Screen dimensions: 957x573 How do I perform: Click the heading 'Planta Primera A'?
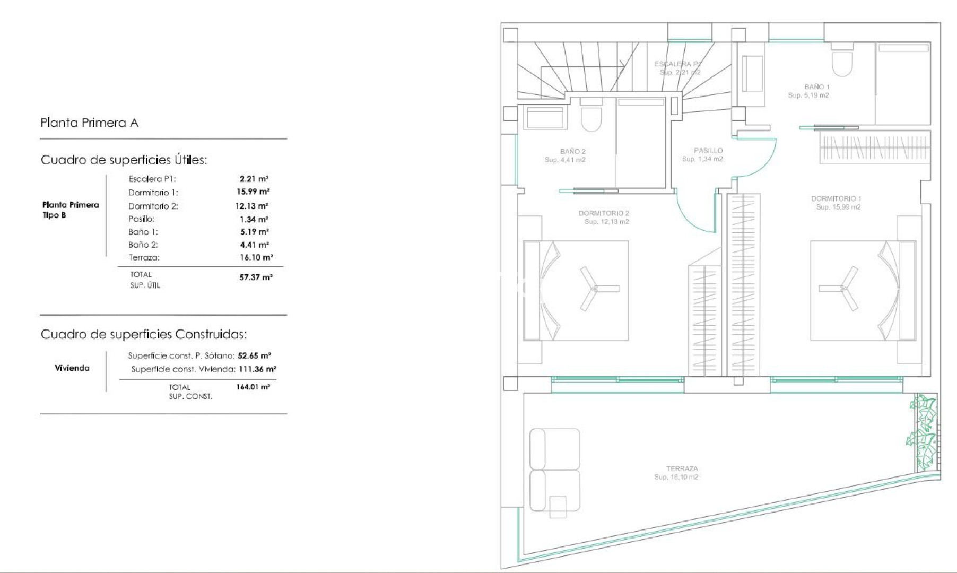click(89, 123)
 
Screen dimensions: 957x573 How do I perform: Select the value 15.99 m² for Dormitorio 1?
click(253, 192)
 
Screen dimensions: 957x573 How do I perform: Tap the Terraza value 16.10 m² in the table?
click(256, 257)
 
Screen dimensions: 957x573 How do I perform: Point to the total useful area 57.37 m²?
click(256, 277)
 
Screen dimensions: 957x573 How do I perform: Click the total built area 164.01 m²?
click(253, 387)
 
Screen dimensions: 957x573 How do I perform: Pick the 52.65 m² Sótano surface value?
click(254, 356)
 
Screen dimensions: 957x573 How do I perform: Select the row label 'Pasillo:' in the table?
click(141, 219)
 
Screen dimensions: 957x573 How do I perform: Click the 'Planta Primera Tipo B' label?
click(71, 210)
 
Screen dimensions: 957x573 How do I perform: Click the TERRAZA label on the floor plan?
click(682, 469)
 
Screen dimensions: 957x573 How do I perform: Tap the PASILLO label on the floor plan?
click(708, 151)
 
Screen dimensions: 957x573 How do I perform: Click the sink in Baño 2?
click(545, 117)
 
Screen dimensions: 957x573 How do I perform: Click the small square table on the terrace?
click(558, 507)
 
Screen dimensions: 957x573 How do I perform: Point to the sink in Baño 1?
click(752, 74)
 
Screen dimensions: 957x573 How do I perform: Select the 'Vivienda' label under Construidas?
click(72, 368)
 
